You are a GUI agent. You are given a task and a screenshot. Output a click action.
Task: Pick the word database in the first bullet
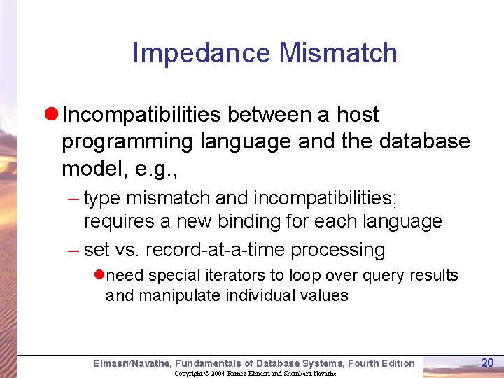click(x=425, y=141)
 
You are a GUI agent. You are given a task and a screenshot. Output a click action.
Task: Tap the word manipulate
click(x=181, y=295)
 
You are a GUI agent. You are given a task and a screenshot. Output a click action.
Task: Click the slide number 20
click(x=487, y=362)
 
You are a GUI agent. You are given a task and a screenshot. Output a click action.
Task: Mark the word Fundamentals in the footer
click(x=208, y=363)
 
